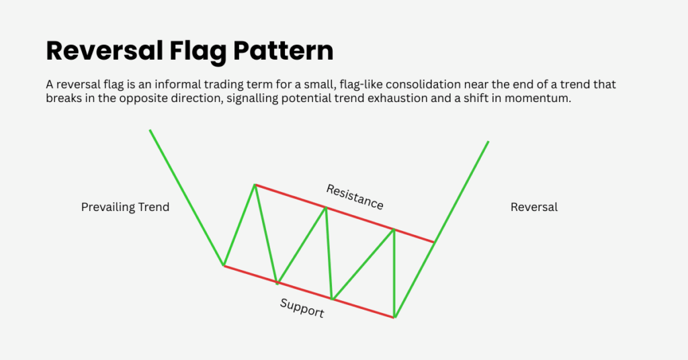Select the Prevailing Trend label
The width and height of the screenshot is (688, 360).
tap(125, 207)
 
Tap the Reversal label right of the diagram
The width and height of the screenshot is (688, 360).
tap(534, 207)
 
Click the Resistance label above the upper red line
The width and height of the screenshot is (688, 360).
tap(355, 196)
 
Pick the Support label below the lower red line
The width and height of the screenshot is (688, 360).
tap(302, 308)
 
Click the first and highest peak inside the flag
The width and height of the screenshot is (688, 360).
tap(255, 185)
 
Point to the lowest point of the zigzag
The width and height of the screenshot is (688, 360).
tap(394, 317)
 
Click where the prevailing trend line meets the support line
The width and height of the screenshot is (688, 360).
tap(224, 266)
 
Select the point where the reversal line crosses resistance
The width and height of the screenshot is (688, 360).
tap(435, 242)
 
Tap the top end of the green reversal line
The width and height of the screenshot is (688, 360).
tap(488, 142)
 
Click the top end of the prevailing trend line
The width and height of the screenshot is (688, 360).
tap(150, 130)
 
